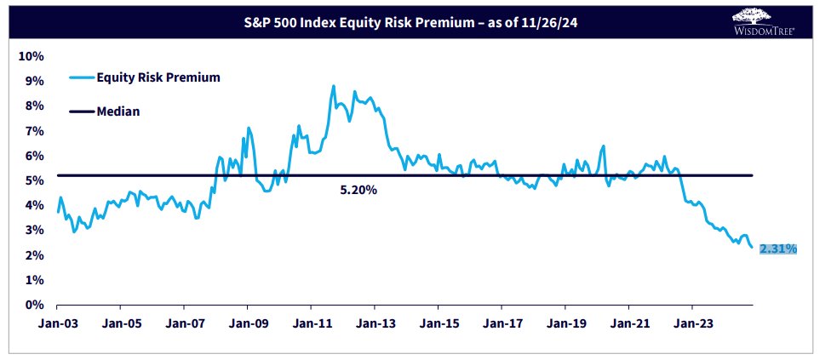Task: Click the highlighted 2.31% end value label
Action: [x=777, y=249]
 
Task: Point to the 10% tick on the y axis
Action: [x=32, y=56]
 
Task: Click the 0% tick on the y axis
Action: [x=34, y=305]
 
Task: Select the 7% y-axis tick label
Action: [x=34, y=131]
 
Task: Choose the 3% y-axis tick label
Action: [x=34, y=231]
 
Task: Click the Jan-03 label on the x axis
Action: [x=57, y=323]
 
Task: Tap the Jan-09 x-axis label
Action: [x=247, y=323]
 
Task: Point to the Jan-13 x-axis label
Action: [x=374, y=323]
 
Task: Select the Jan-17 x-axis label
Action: [x=501, y=323]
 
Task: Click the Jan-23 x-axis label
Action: [x=691, y=323]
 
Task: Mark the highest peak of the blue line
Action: [x=333, y=86]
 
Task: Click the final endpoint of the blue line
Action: [x=752, y=247]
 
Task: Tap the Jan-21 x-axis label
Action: [x=628, y=323]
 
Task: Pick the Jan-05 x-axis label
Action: [x=120, y=323]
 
